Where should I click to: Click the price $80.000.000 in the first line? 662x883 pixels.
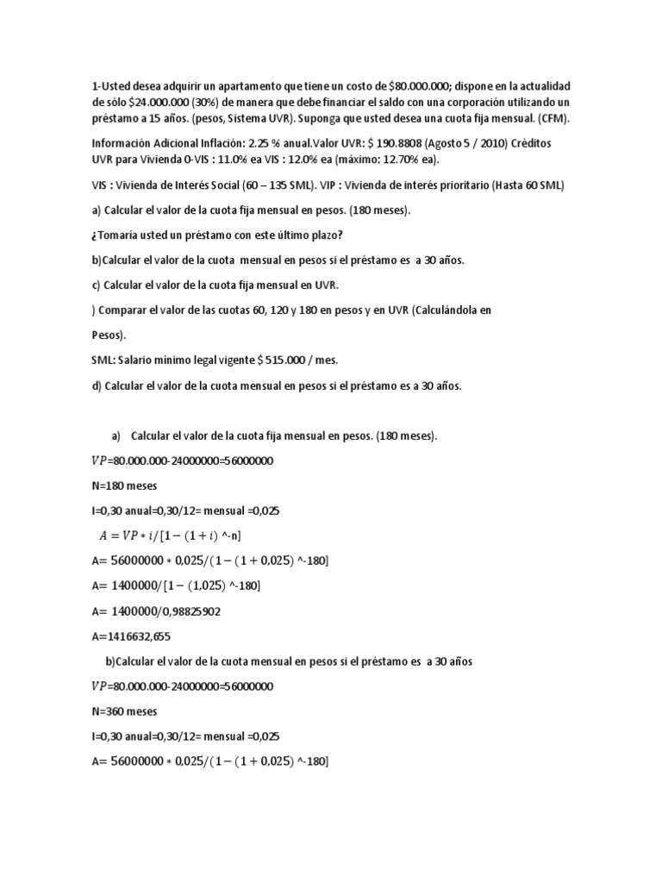coord(420,86)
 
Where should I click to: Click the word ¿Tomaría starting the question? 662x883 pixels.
coord(117,236)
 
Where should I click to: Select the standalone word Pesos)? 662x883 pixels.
coord(109,335)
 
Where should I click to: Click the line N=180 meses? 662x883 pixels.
coord(124,485)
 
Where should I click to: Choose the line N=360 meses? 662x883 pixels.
coord(124,711)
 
